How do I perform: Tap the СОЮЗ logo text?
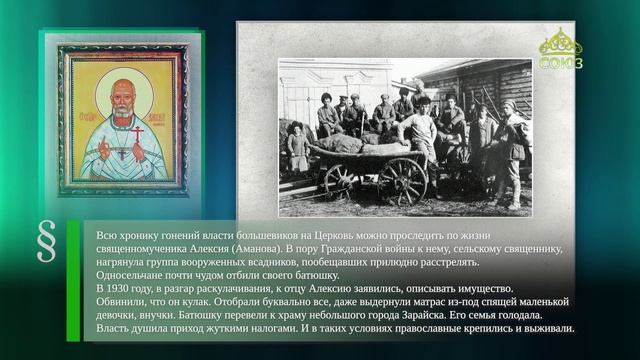tap(560, 62)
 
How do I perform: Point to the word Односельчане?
tap(126, 274)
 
